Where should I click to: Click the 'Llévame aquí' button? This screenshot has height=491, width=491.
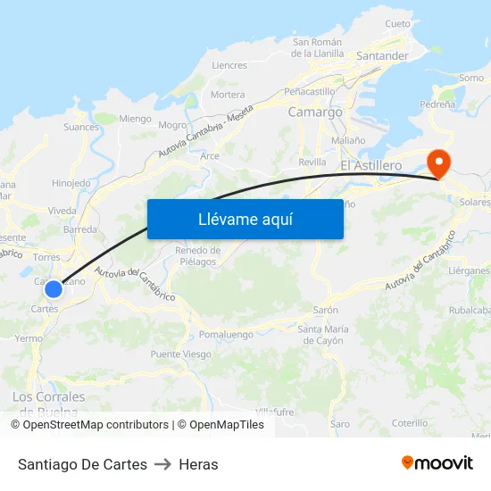point(245,219)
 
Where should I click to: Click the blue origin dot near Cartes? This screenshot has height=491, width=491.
point(54,288)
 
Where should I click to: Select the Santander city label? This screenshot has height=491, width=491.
point(381,55)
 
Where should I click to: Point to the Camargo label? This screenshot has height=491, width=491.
point(315,112)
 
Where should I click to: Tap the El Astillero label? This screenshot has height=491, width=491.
point(370,166)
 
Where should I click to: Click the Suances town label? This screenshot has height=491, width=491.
point(81,127)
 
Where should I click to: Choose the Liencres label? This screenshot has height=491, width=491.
point(229,65)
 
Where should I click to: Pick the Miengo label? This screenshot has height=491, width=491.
point(135,118)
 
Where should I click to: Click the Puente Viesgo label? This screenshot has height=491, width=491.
point(181,354)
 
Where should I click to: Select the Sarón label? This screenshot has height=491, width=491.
point(325,311)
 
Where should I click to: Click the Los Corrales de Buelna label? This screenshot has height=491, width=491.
point(48,397)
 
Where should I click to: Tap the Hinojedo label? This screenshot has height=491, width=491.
point(71,183)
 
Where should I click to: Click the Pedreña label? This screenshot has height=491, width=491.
point(437,104)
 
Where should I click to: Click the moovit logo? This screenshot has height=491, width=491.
point(437,463)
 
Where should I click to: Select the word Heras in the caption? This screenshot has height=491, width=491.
point(198,464)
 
